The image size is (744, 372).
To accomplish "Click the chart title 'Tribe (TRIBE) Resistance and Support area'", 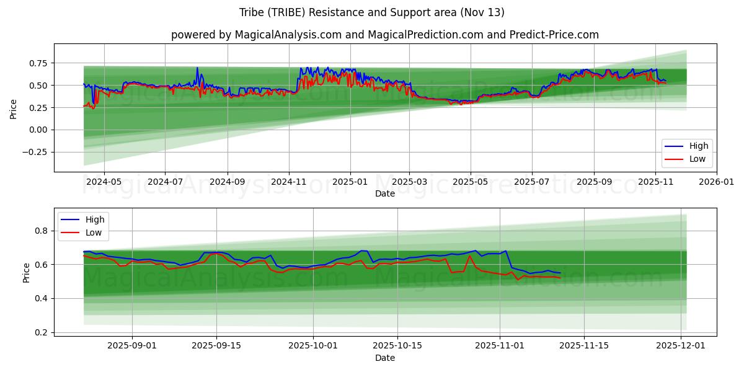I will [371, 12].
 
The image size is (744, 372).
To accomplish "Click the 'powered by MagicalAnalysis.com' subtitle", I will [384, 35].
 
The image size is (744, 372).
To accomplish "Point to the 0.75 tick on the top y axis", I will [38, 63].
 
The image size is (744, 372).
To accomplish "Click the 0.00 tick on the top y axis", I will [38, 130].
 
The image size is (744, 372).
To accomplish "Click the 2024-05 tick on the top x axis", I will [104, 182].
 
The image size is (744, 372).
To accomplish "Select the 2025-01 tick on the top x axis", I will [350, 182].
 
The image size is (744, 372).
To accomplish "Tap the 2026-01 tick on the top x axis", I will [716, 182].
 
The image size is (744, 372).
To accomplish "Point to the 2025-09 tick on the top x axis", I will [594, 182].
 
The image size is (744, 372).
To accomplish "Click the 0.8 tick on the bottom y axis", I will [42, 231].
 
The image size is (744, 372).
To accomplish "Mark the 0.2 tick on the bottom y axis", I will [42, 333].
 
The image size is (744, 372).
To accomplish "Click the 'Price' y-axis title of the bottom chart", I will [26, 273].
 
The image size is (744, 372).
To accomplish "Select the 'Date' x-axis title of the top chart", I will [384, 193].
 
